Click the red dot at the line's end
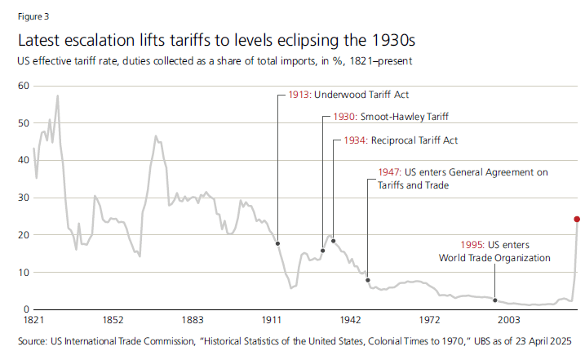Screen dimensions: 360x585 (577, 219)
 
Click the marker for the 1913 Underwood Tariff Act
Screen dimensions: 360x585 (277, 243)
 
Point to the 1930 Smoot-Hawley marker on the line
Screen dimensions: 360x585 (322, 251)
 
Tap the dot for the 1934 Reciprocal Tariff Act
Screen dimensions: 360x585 (333, 241)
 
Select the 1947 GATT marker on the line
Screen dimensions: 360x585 (367, 280)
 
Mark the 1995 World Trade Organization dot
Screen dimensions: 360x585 (494, 300)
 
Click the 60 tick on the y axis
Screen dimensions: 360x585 (23, 86)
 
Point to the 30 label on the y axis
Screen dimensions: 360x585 (23, 198)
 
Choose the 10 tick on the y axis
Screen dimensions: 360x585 (23, 272)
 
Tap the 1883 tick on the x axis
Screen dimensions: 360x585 (193, 320)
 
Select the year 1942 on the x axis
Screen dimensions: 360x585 (351, 320)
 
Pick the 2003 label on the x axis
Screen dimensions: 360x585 (510, 320)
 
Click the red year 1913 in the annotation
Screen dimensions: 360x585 (299, 95)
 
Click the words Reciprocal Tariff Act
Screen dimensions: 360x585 (414, 140)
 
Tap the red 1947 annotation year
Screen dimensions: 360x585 (391, 173)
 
